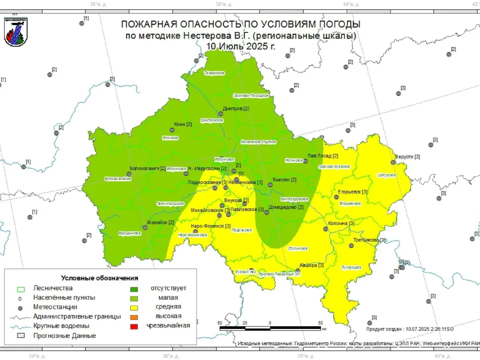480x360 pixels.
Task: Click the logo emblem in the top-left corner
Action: click(x=15, y=31)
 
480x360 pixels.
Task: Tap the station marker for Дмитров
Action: click(x=220, y=114)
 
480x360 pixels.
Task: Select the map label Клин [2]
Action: click(x=182, y=124)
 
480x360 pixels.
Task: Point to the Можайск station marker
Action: click(x=145, y=227)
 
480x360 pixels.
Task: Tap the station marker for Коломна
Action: click(x=325, y=229)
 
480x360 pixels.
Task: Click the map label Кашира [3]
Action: click(x=311, y=265)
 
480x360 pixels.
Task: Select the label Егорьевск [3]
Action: click(x=353, y=192)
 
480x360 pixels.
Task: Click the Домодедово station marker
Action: click(x=267, y=212)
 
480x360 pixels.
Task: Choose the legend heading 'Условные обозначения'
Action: click(x=99, y=277)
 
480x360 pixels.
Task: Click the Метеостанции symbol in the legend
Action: click(x=20, y=307)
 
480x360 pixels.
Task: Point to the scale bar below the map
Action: click(x=270, y=328)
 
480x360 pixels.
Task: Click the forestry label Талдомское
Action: click(x=214, y=73)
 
